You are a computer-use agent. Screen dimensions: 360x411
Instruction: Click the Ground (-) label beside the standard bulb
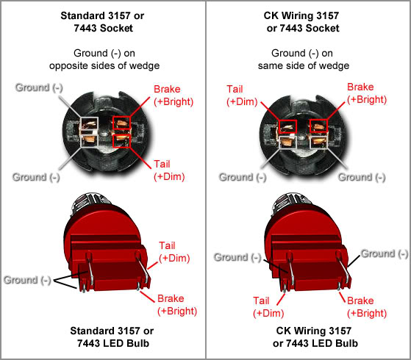pyautogui.click(x=27, y=280)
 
